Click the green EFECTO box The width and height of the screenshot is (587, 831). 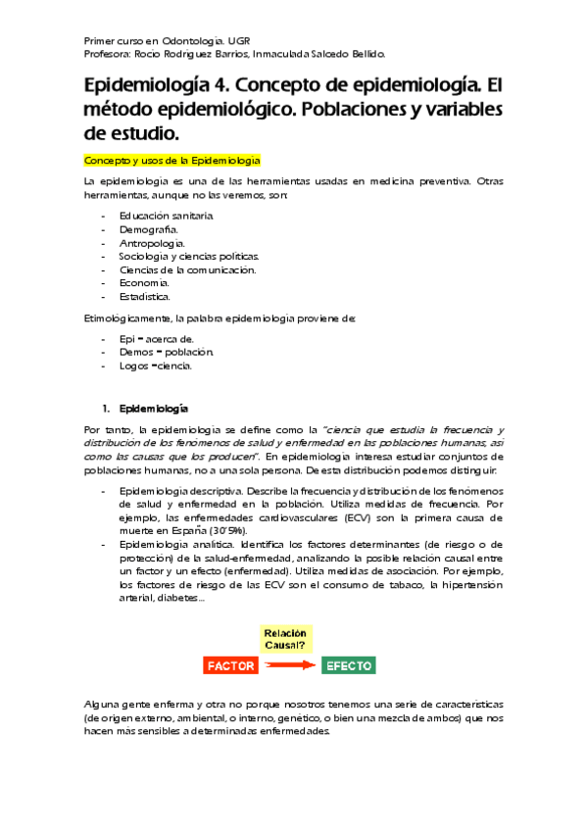[348, 665]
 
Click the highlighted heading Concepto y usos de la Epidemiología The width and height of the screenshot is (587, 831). [171, 159]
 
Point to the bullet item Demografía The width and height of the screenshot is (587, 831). [149, 228]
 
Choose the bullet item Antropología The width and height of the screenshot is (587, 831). [153, 242]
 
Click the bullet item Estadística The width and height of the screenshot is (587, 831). [145, 296]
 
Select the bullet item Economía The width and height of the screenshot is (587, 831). [146, 282]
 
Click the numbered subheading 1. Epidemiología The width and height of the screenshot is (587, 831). [147, 408]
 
